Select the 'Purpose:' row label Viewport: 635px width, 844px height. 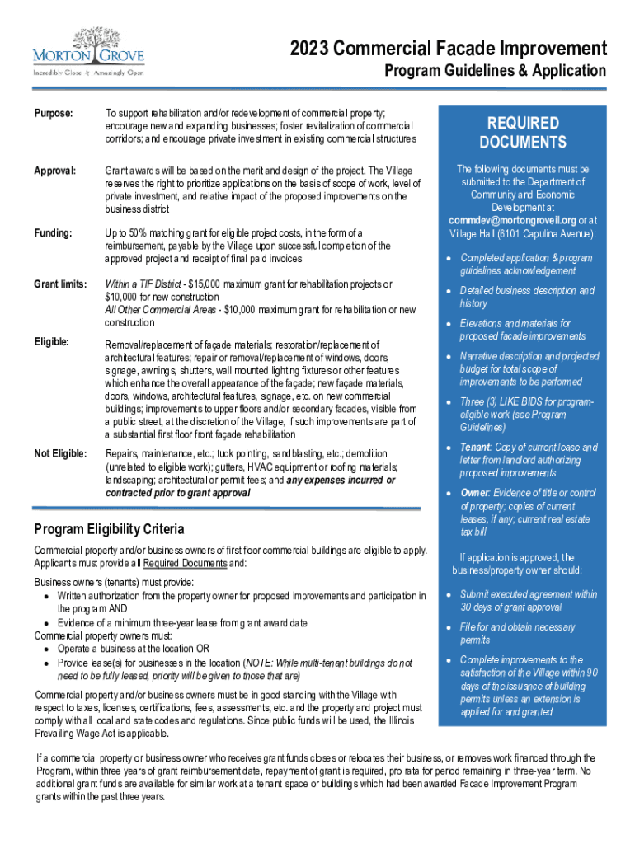pyautogui.click(x=54, y=112)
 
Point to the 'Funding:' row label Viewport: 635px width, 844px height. pyautogui.click(x=54, y=233)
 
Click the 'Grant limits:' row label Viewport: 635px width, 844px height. pyautogui.click(x=60, y=284)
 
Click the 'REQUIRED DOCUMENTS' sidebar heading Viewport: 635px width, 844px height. pyautogui.click(x=522, y=133)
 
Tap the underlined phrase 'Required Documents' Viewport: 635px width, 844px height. pyautogui.click(x=185, y=563)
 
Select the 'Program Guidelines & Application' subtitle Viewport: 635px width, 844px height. pyautogui.click(x=496, y=71)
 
